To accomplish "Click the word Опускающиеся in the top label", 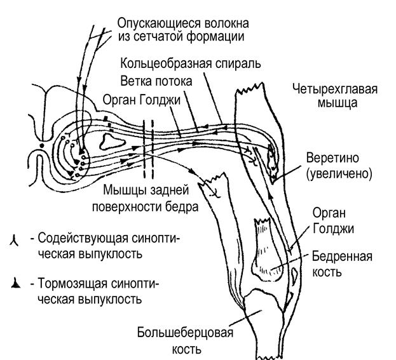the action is point(159,23).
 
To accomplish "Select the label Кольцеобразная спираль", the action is point(191,63).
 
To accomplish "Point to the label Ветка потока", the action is point(156,81).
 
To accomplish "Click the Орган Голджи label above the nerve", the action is point(141,100).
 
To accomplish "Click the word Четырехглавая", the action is point(335,90).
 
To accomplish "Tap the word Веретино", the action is point(332,158).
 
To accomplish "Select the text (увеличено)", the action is point(339,174).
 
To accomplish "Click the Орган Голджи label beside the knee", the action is point(333,221).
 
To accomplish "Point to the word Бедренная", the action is point(342,257).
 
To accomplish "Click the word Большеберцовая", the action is point(185,333).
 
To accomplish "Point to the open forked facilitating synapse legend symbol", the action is point(14,241).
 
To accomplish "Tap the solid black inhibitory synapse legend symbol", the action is point(15,283).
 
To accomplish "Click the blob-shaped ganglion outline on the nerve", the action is point(113,142).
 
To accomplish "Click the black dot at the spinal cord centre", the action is point(42,145).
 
